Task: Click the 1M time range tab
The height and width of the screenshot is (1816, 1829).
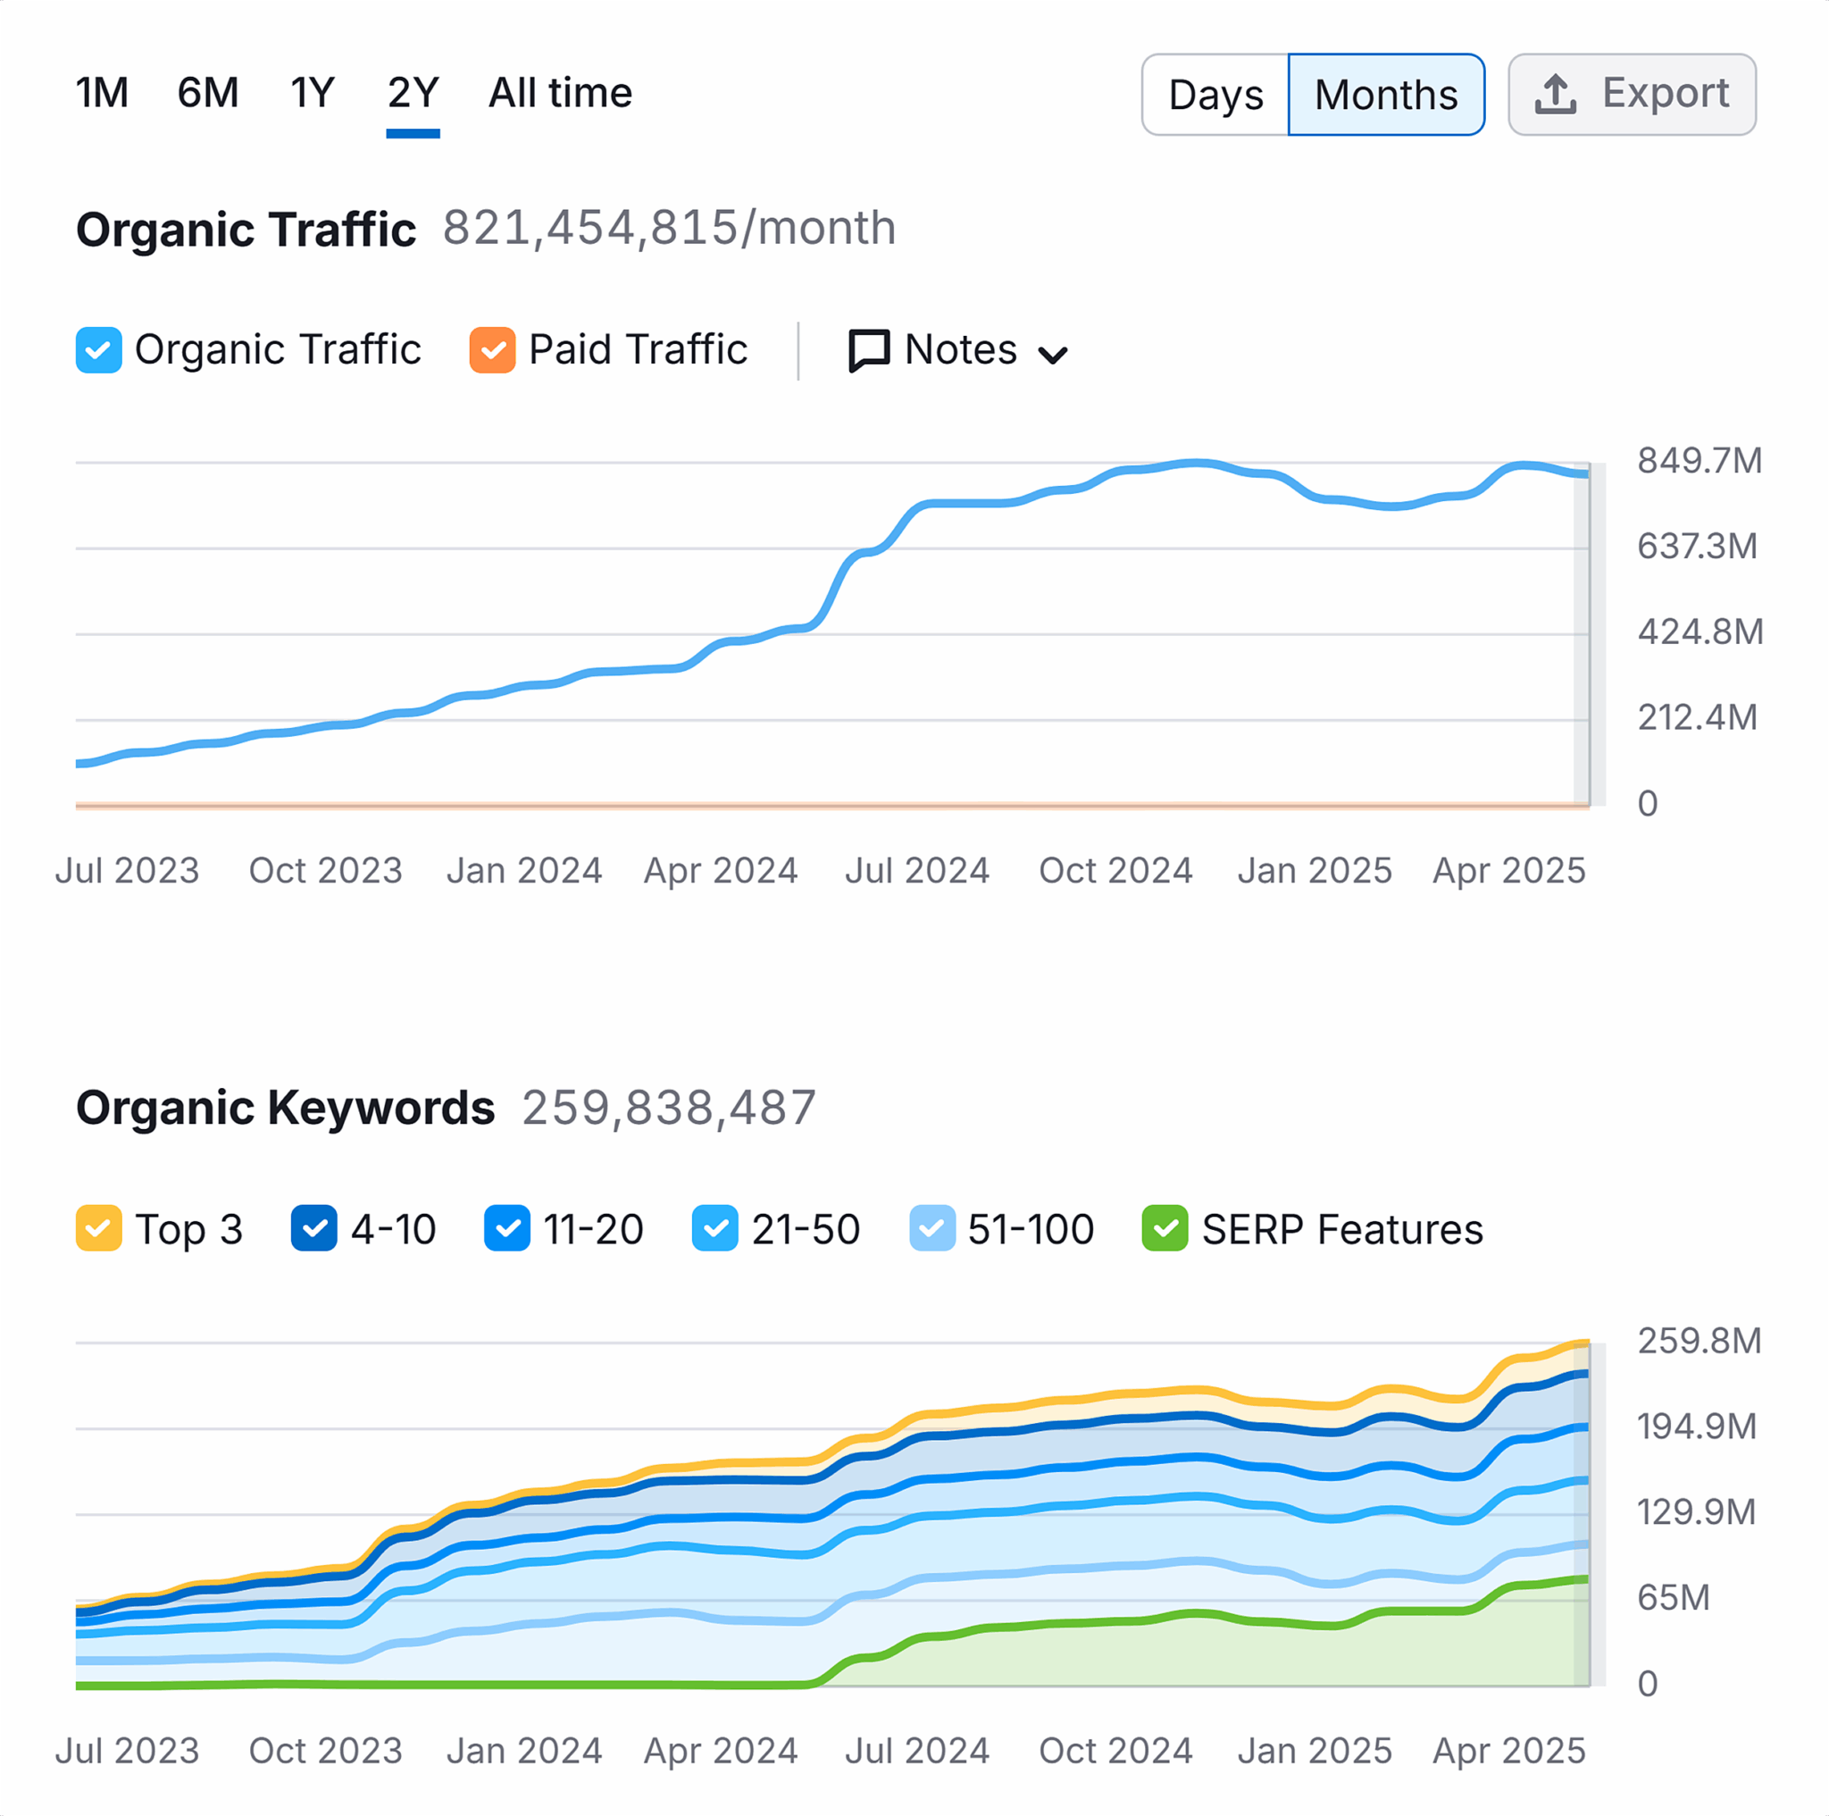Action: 101,93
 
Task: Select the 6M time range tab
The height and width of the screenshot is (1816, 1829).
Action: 207,93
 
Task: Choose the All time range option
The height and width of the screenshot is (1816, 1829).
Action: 559,93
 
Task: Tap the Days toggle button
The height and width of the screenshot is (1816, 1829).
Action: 1215,95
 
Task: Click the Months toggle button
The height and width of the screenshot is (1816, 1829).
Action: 1385,95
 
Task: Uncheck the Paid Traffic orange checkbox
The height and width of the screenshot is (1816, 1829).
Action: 492,350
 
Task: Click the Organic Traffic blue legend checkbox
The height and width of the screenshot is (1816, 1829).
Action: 98,350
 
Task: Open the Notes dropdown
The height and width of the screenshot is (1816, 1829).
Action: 958,350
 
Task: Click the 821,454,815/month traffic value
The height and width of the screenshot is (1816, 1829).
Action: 668,228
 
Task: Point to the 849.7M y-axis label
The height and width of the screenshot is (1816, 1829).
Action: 1699,461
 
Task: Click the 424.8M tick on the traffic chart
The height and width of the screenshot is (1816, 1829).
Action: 1700,632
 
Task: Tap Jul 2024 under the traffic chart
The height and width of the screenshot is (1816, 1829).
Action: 916,870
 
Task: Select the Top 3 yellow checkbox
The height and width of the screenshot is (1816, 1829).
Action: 98,1229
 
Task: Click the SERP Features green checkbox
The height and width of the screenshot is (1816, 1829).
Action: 1165,1229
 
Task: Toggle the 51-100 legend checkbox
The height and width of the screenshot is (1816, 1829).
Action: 931,1229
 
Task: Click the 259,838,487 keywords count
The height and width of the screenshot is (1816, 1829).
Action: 668,1108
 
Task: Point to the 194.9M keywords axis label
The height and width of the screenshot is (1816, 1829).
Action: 1697,1426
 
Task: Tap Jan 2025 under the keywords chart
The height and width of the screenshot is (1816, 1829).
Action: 1314,1751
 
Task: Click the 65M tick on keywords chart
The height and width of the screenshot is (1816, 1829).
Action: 1673,1597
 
